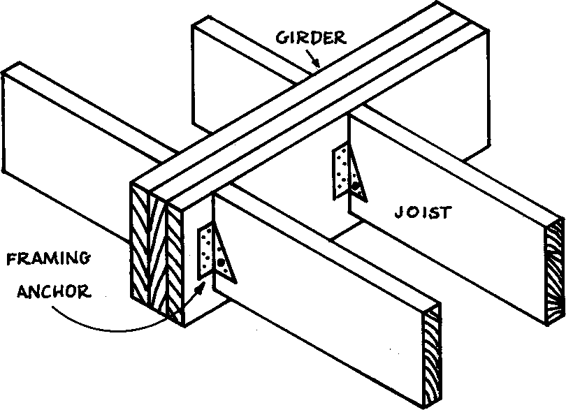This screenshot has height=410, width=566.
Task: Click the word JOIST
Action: tap(421, 212)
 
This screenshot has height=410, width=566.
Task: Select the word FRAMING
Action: tap(47, 260)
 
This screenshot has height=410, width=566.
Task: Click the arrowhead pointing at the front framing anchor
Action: tap(203, 286)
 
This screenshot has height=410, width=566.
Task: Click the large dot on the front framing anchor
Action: tap(221, 263)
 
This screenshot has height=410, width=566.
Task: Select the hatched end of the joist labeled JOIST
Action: tap(556, 272)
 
